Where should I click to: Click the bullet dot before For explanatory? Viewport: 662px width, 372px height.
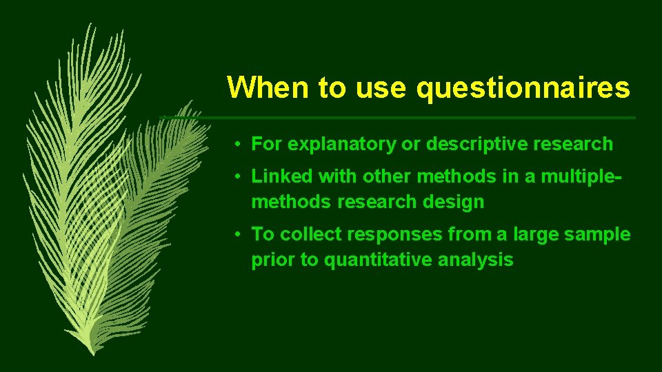[237, 145]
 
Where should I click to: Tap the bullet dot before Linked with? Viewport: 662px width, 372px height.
[237, 177]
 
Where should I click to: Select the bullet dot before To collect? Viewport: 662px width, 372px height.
[237, 235]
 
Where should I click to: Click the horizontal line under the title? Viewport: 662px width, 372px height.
[428, 118]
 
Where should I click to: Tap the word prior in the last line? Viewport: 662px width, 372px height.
[270, 260]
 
